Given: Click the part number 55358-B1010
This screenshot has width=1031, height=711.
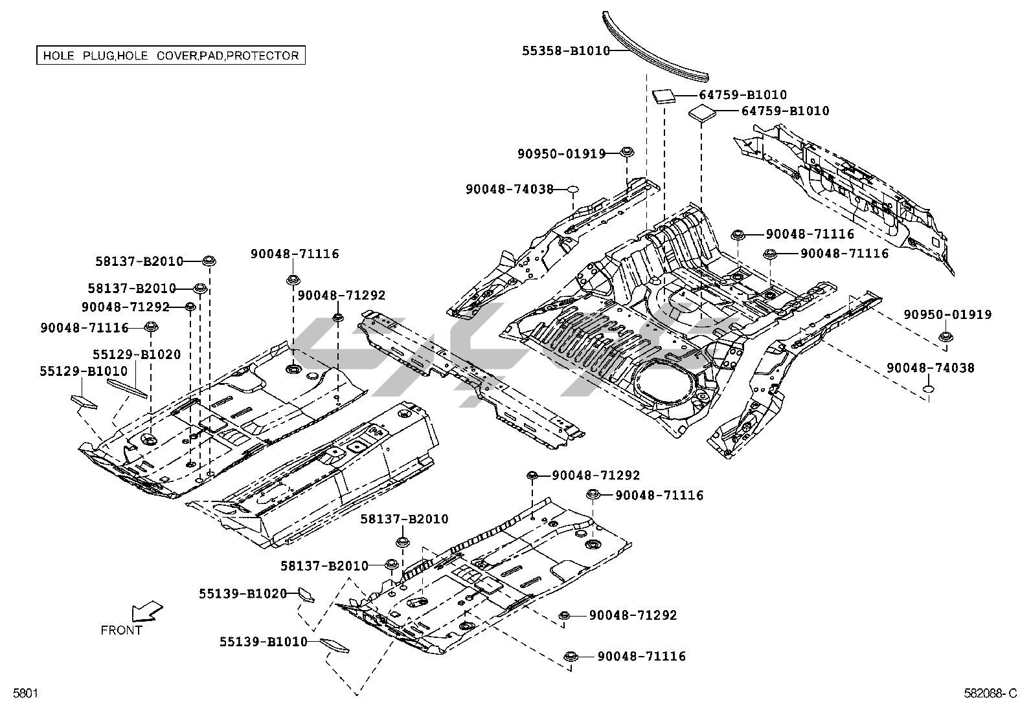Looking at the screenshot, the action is pyautogui.click(x=566, y=50).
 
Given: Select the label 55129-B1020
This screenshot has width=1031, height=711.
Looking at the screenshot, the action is pyautogui.click(x=137, y=354).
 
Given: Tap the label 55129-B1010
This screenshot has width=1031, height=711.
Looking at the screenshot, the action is pyautogui.click(x=84, y=371).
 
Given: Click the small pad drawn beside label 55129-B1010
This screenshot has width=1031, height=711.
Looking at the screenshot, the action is pyautogui.click(x=84, y=402).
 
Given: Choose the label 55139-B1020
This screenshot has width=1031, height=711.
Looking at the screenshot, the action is pyautogui.click(x=243, y=594).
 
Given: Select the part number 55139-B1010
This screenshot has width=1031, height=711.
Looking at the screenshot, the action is pyautogui.click(x=264, y=642).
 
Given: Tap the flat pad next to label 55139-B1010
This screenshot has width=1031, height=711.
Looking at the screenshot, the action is pyautogui.click(x=335, y=646).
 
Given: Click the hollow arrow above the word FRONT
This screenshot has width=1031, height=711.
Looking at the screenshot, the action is pyautogui.click(x=146, y=612).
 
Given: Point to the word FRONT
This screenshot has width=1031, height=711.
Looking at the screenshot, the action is pyautogui.click(x=122, y=630).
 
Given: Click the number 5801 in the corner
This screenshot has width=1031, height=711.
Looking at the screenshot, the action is pyautogui.click(x=25, y=693).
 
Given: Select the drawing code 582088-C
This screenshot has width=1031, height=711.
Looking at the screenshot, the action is pyautogui.click(x=990, y=693).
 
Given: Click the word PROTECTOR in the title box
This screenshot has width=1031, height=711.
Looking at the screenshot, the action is pyautogui.click(x=263, y=56).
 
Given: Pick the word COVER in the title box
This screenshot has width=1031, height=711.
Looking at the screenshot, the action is pyautogui.click(x=177, y=56).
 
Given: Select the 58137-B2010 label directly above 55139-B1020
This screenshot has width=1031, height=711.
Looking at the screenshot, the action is pyautogui.click(x=324, y=565).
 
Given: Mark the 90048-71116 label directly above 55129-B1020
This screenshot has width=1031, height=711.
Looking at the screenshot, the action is pyautogui.click(x=84, y=328).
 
